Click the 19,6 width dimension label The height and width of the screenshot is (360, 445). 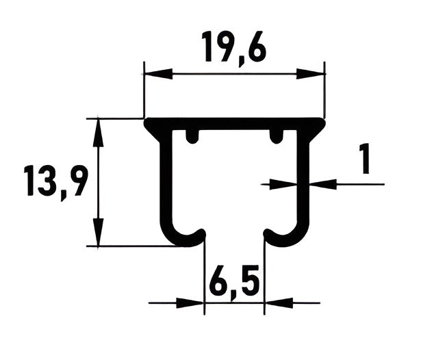pos(234,48)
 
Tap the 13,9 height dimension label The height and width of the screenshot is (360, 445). pos(55,181)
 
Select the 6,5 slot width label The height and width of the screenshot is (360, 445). pos(234,281)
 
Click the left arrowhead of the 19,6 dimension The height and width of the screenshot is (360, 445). pos(158,74)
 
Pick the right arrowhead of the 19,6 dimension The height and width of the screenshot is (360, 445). pos(311,74)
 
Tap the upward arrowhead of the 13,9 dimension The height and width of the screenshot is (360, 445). pos(98,133)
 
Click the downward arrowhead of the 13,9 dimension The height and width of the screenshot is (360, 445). pos(98,232)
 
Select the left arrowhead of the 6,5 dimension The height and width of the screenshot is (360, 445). pos(190,303)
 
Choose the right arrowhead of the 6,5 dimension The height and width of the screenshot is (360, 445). pos(279,303)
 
